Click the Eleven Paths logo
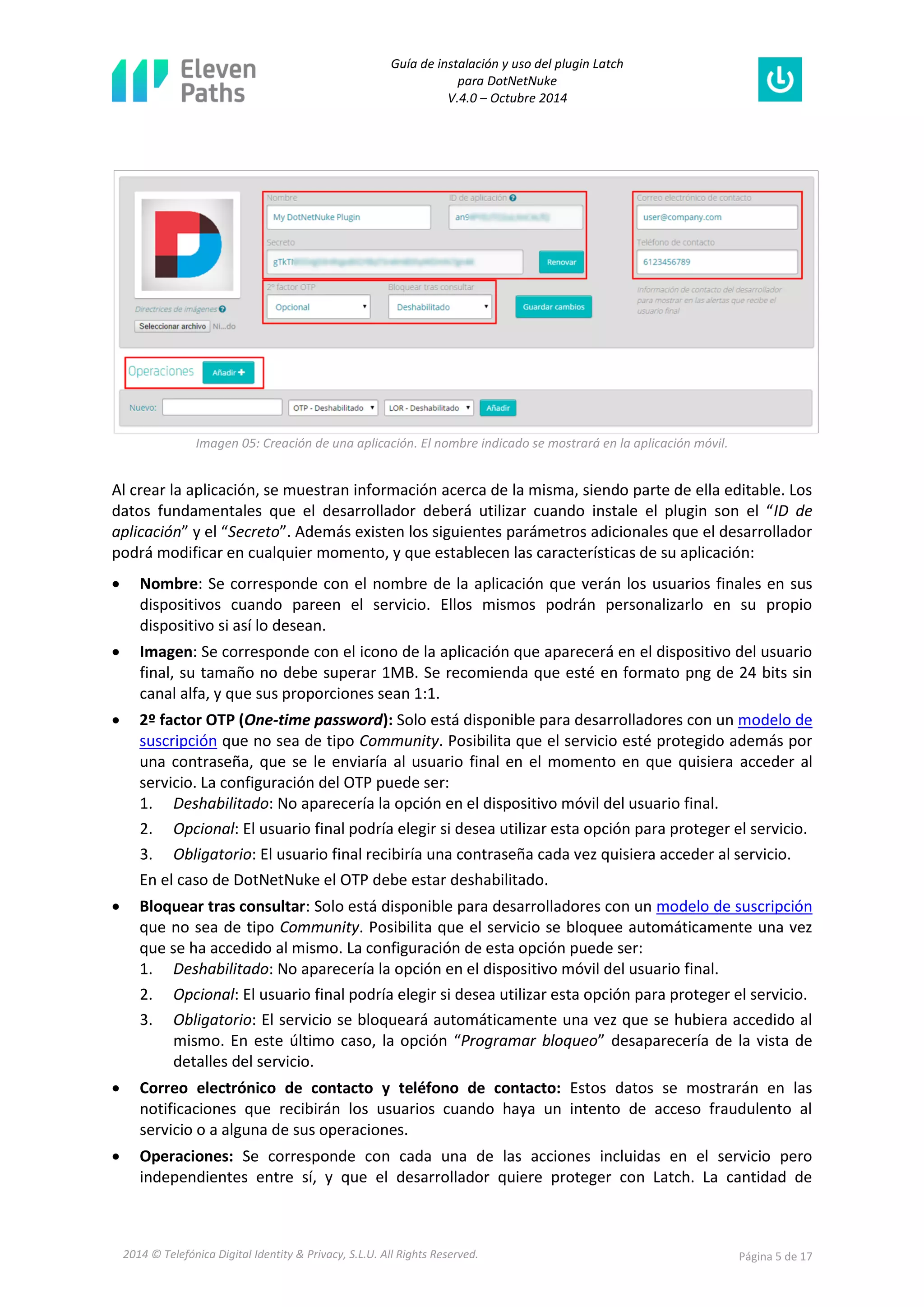(183, 81)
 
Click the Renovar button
(561, 262)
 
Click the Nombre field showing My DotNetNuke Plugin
(348, 217)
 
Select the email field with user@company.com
(716, 217)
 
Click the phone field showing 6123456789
(716, 262)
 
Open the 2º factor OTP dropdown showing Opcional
(319, 307)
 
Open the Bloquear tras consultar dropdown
(440, 307)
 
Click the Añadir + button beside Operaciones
(228, 372)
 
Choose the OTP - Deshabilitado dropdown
(333, 408)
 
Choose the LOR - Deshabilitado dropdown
(429, 408)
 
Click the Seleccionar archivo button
(172, 326)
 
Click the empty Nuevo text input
(222, 407)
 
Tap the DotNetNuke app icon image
(187, 244)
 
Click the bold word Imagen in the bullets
(166, 651)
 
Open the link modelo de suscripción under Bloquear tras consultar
(734, 906)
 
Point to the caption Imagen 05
(461, 443)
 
